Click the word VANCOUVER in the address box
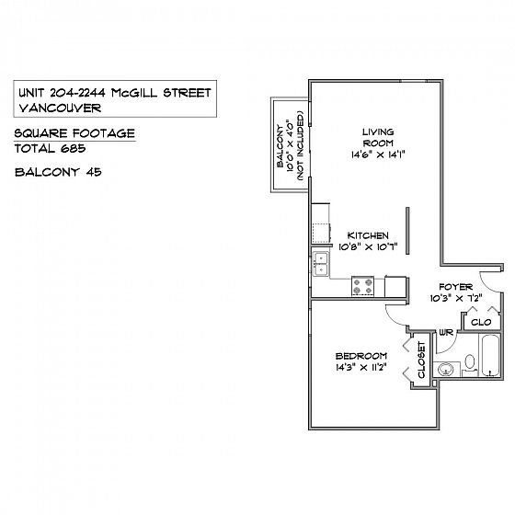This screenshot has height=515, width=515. [60, 108]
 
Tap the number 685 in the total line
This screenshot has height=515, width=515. [73, 148]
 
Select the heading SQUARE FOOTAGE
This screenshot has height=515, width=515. [74, 133]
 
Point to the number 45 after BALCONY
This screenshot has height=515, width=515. [94, 172]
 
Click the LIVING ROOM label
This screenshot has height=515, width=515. [378, 138]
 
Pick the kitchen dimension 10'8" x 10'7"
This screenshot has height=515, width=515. [368, 246]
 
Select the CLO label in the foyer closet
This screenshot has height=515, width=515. [481, 322]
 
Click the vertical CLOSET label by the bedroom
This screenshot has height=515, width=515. [421, 360]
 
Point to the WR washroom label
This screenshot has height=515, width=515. [446, 332]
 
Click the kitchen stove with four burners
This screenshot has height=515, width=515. [363, 286]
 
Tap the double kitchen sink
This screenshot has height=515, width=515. [320, 264]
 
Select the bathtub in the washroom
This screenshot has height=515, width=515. [491, 355]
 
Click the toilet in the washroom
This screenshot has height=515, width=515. [470, 364]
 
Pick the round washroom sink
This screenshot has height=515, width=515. [446, 370]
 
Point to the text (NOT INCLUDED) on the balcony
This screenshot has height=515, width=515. [300, 145]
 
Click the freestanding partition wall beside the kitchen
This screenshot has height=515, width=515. [407, 231]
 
